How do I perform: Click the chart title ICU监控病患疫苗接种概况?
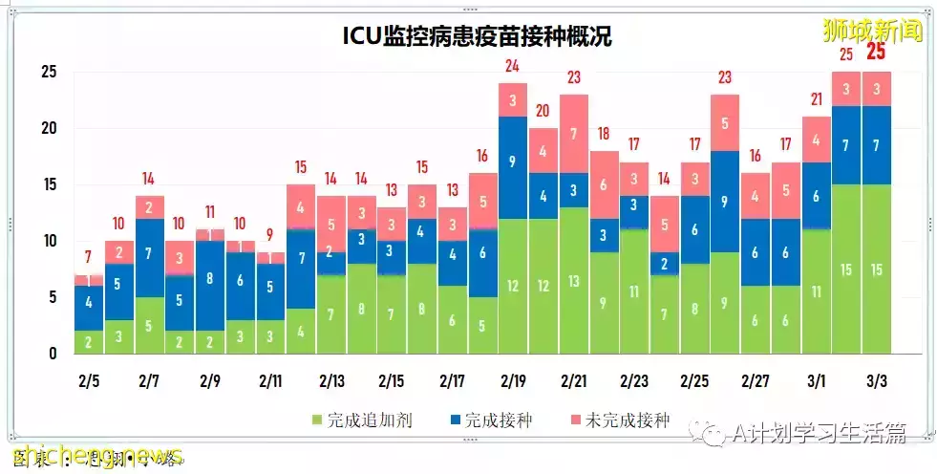point(477,36)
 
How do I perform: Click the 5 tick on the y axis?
point(53,297)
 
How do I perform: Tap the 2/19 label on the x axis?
point(513,380)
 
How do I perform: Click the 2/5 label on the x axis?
point(88,380)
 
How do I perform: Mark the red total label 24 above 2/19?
point(513,66)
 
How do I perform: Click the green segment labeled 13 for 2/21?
point(573,280)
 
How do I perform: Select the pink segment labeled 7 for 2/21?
point(573,134)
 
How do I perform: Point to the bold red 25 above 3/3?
point(875,52)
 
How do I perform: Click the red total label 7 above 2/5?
point(88,258)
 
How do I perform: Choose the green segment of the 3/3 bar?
point(875,269)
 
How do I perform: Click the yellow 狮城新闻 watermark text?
point(873,31)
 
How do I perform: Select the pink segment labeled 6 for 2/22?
point(604,184)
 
